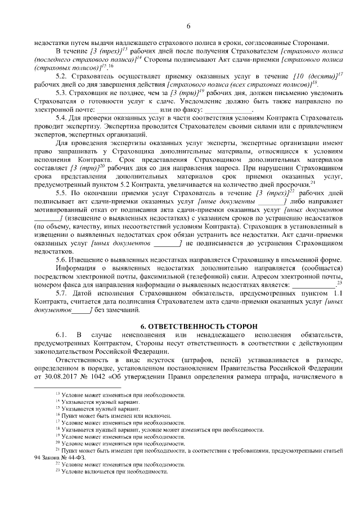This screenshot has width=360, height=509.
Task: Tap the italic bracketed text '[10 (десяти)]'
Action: [319, 75]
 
